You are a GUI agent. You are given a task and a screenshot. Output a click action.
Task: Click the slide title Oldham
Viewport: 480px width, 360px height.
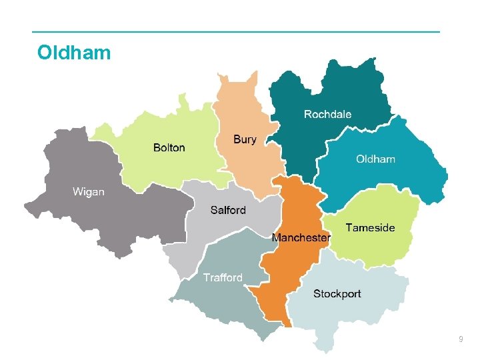[74, 53]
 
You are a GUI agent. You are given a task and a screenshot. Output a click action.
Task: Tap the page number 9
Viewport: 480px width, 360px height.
[461, 341]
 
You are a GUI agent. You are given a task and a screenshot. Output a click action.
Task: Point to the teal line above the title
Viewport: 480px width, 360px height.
[237, 31]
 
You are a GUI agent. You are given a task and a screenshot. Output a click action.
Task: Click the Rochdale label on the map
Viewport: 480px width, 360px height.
[327, 114]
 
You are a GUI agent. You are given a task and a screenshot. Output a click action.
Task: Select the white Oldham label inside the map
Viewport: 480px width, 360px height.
[375, 159]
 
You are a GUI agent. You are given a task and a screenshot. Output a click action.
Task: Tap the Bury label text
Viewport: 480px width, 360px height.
[245, 139]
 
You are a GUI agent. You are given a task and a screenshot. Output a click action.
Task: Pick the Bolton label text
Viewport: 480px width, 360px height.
[169, 147]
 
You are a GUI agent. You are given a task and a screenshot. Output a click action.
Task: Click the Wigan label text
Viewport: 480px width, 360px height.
[88, 192]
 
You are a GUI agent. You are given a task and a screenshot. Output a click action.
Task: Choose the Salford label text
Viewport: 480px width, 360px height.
[228, 210]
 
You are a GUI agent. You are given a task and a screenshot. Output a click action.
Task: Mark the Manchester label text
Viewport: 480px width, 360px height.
[301, 237]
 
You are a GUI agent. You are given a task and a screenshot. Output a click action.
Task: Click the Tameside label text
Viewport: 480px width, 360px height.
[370, 227]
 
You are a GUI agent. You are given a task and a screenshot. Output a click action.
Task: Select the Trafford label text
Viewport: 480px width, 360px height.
[223, 277]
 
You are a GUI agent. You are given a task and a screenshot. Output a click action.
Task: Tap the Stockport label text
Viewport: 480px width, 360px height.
[337, 293]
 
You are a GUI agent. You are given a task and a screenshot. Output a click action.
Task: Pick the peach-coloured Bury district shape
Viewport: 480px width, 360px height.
[240, 107]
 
